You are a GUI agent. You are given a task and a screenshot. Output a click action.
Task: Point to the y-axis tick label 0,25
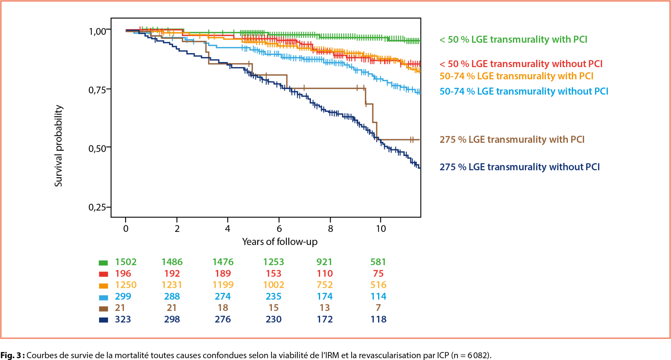click(97, 207)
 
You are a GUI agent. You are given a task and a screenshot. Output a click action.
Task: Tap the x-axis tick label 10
click(381, 229)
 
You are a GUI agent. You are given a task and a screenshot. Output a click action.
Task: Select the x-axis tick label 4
click(228, 229)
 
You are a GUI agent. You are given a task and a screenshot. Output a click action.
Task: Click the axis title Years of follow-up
click(280, 242)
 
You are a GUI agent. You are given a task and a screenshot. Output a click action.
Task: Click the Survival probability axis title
click(58, 146)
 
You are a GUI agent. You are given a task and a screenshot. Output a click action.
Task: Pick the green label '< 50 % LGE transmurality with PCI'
click(513, 40)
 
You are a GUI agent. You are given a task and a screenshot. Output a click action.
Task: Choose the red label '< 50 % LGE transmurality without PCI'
click(521, 64)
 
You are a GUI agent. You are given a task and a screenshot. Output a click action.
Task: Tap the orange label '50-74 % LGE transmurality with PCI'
click(516, 76)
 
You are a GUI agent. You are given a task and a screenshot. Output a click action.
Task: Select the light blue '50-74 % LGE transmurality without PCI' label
click(524, 91)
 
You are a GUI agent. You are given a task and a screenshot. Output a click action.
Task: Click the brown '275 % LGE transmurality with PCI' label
click(512, 140)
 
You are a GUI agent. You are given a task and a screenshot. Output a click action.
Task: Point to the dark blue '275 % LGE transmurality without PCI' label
click(519, 167)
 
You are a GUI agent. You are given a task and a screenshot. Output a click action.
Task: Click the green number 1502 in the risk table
click(125, 262)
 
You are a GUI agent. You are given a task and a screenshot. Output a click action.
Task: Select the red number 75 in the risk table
click(378, 274)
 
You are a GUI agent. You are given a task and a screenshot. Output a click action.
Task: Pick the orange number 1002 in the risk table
click(274, 285)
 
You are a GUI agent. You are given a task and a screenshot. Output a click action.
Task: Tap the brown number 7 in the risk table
click(378, 308)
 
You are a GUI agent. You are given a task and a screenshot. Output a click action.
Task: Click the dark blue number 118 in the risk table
click(378, 319)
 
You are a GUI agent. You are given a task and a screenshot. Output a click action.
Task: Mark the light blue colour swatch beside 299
click(104, 297)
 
